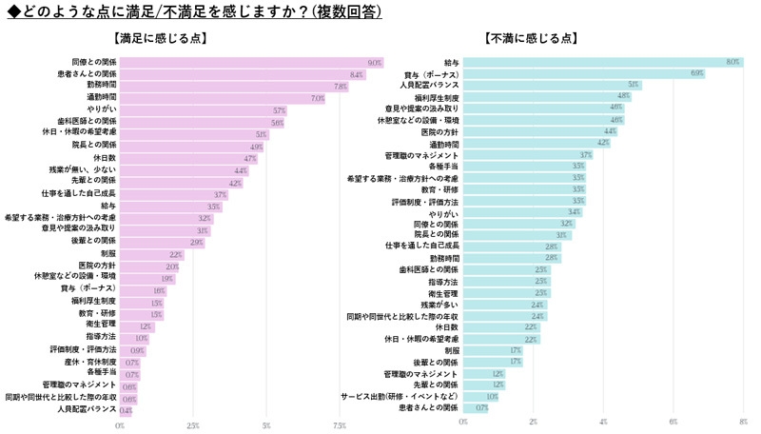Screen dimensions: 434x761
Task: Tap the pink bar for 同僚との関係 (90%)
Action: [251, 62]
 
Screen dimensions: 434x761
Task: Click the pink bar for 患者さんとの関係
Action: [243, 74]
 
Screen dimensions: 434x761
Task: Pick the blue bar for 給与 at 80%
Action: [603, 62]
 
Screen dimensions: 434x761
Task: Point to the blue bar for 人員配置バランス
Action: [552, 85]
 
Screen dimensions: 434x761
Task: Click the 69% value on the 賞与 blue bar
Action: [697, 73]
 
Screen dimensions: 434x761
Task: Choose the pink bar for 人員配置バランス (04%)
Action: [126, 410]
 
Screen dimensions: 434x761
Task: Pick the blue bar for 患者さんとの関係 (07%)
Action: [477, 407]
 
